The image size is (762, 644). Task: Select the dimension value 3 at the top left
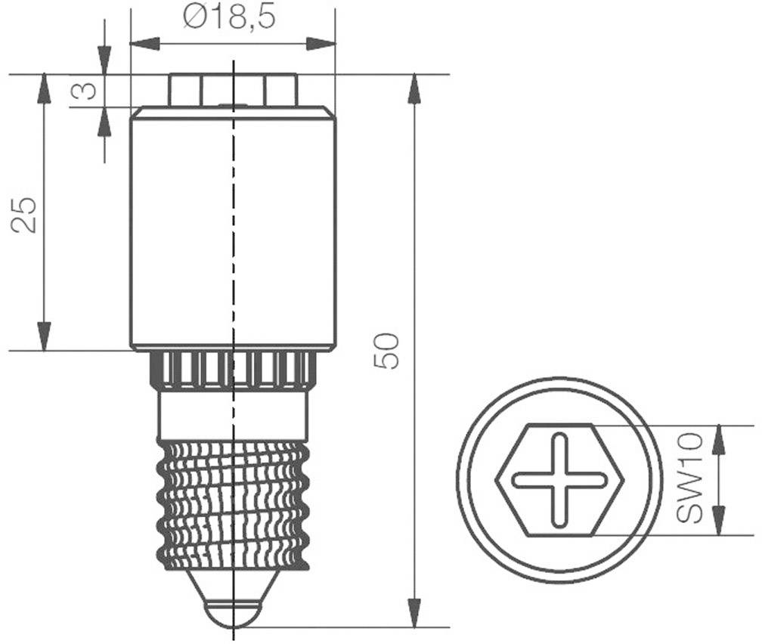[x=85, y=91]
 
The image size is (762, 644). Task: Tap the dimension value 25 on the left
[x=25, y=214]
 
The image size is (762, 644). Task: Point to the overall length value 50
[x=387, y=351]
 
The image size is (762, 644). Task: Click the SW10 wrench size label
[x=689, y=478]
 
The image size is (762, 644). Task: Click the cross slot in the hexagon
[x=559, y=480]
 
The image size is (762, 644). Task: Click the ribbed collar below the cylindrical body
[x=234, y=370]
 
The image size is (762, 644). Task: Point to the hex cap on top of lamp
[x=233, y=89]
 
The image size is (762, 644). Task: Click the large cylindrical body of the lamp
[x=233, y=227]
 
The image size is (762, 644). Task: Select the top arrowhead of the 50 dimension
[x=414, y=87]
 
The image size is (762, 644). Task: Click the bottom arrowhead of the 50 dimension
[x=414, y=614]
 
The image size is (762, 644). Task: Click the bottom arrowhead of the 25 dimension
[x=45, y=337]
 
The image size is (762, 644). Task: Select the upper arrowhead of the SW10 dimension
[x=719, y=438]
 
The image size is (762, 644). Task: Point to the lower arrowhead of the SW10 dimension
[x=719, y=522]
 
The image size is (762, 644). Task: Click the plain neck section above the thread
[x=234, y=414]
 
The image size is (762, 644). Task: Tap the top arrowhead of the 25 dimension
[x=45, y=87]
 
